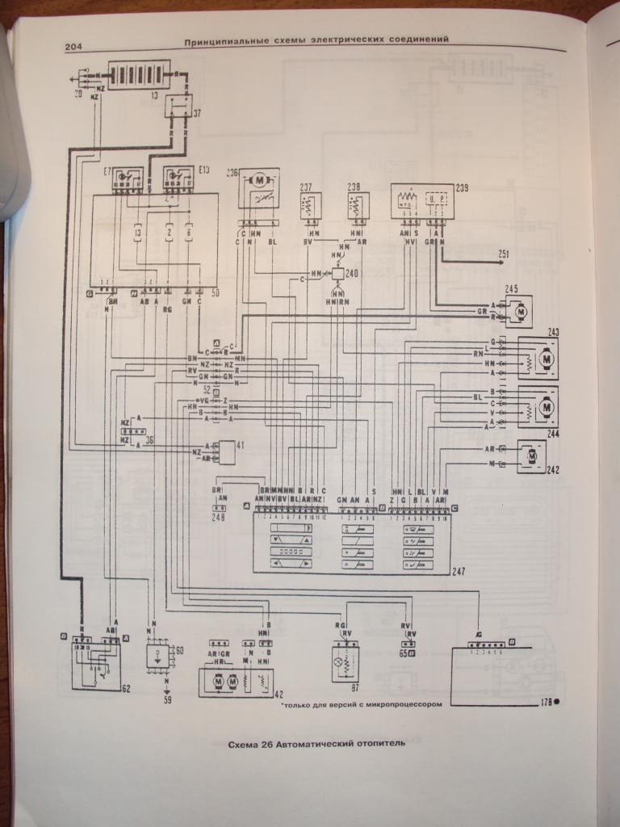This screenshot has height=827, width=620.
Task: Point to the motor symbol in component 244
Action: (x=547, y=408)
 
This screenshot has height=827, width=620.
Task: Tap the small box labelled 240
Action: (x=337, y=275)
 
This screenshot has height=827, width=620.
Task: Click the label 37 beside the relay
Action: (x=198, y=111)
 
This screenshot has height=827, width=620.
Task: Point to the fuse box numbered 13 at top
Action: (x=140, y=76)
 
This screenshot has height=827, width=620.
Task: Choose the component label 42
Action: (x=279, y=695)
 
